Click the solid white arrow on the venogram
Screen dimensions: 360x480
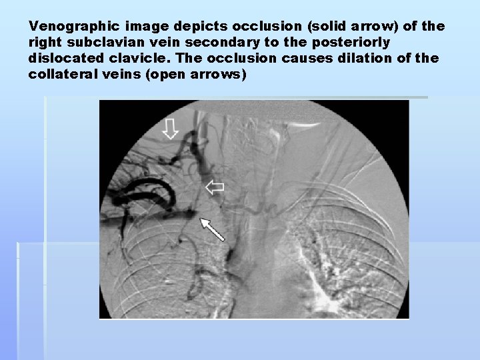tap(213, 229)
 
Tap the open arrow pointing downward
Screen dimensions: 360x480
tap(171, 128)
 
